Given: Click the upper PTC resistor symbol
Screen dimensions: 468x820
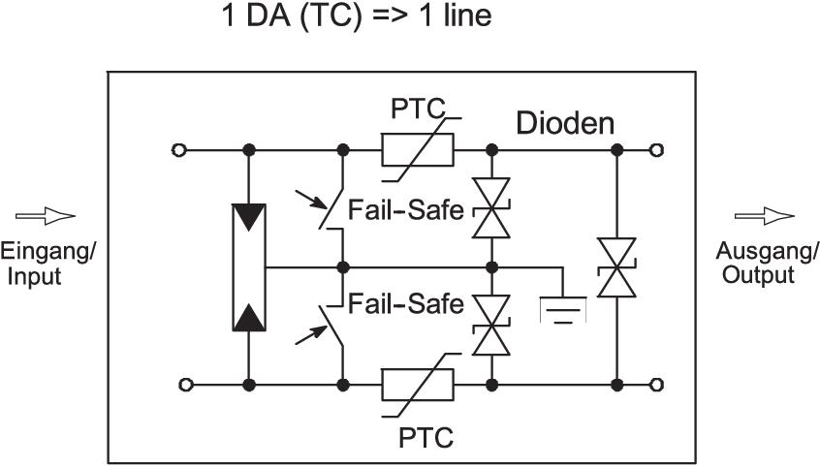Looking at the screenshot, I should tap(418, 150).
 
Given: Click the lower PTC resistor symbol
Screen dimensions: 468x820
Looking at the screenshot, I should tap(418, 385).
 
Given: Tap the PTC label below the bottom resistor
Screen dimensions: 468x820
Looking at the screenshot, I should tap(426, 437).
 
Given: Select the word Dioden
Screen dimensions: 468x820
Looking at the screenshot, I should tap(565, 123).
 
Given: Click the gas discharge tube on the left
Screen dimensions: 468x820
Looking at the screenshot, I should tap(249, 266).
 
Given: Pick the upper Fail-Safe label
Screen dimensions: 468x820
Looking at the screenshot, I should tap(406, 209).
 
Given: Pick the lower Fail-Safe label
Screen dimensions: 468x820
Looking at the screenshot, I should tap(406, 305).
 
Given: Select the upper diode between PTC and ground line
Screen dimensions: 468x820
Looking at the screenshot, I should tap(491, 207).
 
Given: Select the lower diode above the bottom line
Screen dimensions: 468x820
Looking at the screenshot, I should tap(491, 325).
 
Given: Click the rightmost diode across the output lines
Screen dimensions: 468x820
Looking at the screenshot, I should tap(616, 267).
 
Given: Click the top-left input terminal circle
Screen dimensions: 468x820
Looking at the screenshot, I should tap(177, 150).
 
